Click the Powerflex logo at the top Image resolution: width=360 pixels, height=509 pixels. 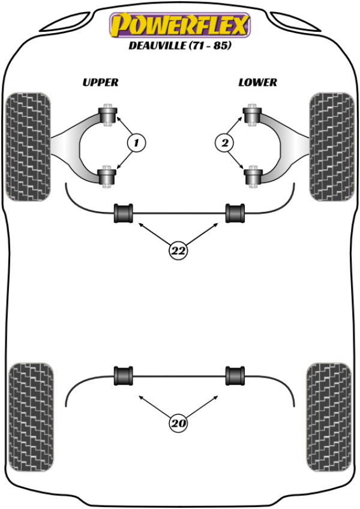click(179, 26)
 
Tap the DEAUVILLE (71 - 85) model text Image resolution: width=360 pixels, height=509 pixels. click(179, 46)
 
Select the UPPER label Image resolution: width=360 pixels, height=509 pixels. click(101, 82)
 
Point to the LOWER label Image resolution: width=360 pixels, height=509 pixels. click(257, 82)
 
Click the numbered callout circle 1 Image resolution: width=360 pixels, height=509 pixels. click(136, 143)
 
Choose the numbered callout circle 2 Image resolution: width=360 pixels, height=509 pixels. click(224, 143)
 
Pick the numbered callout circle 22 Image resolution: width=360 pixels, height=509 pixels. click(178, 251)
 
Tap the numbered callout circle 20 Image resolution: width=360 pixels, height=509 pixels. click(178, 424)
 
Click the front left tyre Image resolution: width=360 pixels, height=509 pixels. click(28, 146)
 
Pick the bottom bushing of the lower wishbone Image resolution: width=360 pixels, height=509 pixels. click(252, 176)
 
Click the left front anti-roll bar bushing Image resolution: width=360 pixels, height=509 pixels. click(124, 213)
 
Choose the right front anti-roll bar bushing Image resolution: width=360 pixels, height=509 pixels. click(235, 213)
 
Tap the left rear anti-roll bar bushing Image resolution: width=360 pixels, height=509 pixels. click(124, 376)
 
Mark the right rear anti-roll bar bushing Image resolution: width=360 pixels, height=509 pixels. click(235, 376)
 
